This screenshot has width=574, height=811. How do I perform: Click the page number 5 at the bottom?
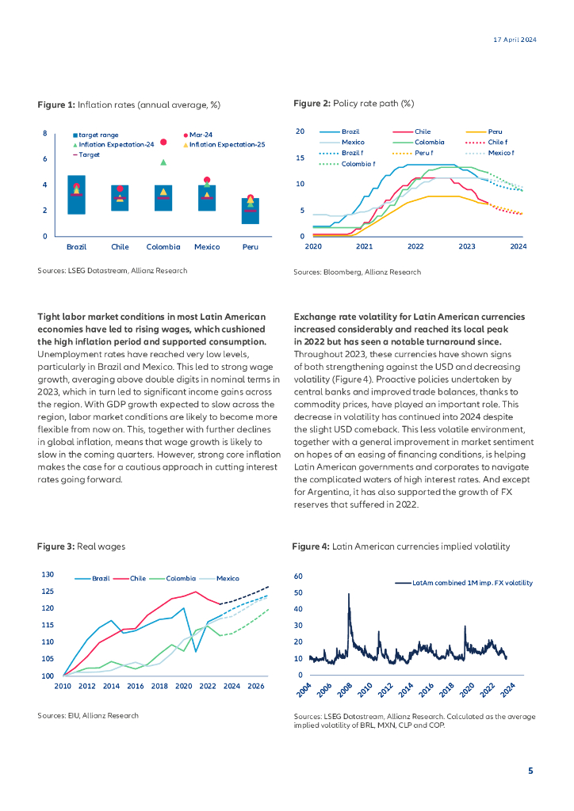click(x=530, y=770)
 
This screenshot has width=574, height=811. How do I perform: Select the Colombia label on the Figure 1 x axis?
click(x=163, y=247)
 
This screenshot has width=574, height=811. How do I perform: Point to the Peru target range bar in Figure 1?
click(x=250, y=211)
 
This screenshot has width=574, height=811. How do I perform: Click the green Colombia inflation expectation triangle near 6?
click(x=163, y=162)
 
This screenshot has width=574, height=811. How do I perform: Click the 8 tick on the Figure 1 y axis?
click(x=45, y=133)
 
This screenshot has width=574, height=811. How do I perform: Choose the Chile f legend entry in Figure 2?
click(x=428, y=142)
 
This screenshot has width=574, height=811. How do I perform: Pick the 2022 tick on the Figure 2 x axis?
click(x=415, y=247)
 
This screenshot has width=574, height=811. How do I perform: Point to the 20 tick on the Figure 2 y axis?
click(x=300, y=131)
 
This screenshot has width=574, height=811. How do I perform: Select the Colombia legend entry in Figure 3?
click(x=182, y=579)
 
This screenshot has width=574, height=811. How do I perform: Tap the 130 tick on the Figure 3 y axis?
click(x=48, y=574)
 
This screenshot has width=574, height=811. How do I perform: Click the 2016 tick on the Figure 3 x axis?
click(x=136, y=686)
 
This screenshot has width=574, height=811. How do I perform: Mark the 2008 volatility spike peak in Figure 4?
click(x=349, y=594)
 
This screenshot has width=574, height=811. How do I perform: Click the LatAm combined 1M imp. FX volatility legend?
click(x=472, y=583)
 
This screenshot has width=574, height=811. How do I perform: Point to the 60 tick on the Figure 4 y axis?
click(x=298, y=576)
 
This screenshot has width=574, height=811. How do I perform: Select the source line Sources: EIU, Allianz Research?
click(x=88, y=715)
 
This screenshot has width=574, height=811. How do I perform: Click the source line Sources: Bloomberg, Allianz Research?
click(x=357, y=272)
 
